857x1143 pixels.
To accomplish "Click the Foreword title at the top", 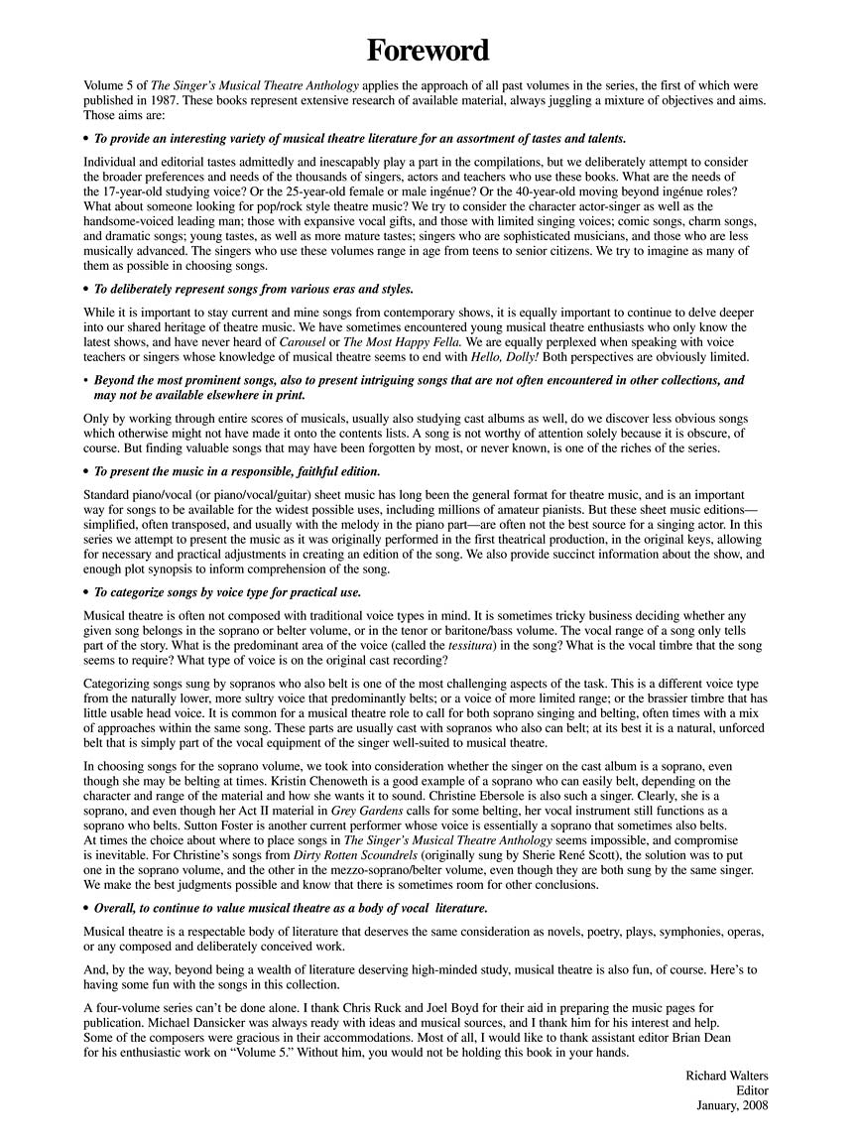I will pos(428,50).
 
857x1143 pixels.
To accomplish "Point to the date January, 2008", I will pos(732,1105).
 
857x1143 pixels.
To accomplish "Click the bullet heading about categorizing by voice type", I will pos(227,592).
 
